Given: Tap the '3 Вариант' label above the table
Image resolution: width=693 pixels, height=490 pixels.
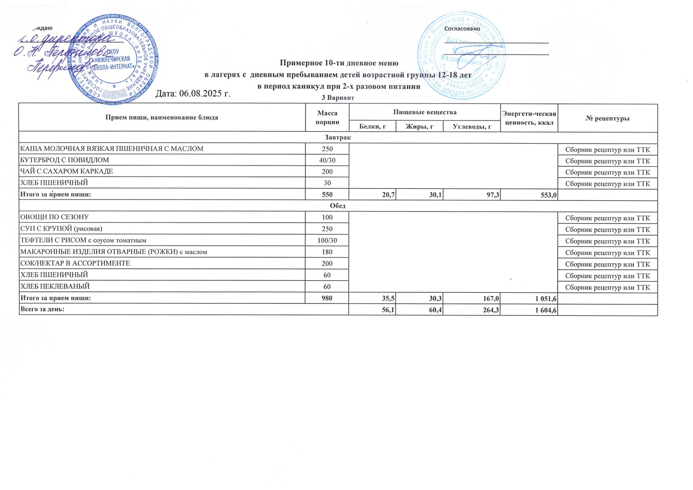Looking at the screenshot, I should [338, 98].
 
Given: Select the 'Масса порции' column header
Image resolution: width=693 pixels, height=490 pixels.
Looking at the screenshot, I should [327, 118].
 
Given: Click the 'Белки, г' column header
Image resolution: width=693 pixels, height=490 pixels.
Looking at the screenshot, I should [372, 126].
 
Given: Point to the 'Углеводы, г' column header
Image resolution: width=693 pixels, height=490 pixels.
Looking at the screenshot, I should [472, 126].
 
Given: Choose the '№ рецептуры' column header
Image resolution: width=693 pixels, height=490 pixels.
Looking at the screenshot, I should [607, 118].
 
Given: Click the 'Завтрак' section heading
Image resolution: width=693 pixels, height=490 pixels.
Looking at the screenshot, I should [338, 138].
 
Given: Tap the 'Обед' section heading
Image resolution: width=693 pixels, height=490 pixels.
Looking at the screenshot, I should [338, 206].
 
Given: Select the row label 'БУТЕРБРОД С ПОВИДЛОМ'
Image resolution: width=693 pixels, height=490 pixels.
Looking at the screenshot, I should [64, 160].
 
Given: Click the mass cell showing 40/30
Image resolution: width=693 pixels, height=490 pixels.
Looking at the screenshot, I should [327, 160].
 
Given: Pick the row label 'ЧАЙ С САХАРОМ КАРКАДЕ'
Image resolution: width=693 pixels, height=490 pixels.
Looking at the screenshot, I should [66, 171].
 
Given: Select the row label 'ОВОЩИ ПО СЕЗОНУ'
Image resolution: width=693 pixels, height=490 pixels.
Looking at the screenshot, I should [54, 217].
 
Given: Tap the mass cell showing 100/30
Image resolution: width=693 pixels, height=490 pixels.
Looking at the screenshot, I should [327, 240].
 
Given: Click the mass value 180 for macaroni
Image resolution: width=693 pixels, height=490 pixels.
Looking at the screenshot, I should [327, 252].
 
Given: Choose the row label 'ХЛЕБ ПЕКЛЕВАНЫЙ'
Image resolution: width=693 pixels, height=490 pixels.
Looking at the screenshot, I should [55, 286].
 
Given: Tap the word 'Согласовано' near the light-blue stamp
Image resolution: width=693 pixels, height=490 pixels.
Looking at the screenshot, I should [462, 29].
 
